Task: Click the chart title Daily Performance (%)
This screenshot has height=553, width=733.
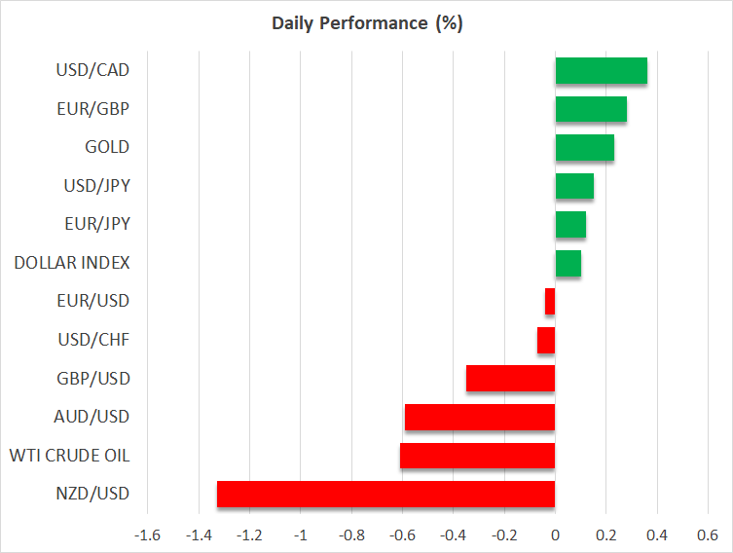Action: (366, 23)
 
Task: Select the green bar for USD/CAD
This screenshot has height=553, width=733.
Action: (601, 70)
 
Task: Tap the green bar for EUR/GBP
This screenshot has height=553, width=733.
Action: (591, 109)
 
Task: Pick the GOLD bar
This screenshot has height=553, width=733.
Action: (584, 147)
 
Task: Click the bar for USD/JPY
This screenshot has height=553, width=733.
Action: (574, 186)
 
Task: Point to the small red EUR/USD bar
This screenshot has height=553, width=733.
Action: (550, 301)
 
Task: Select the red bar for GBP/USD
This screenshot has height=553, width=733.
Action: (510, 379)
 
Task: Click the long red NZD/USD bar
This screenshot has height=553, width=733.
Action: (385, 494)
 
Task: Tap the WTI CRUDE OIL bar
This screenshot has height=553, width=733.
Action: (477, 456)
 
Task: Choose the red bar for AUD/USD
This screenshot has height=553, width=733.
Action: (480, 417)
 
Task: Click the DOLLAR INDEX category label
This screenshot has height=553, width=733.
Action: (72, 263)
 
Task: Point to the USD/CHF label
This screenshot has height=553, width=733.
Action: (94, 340)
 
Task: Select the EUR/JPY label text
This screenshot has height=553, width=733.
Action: (96, 224)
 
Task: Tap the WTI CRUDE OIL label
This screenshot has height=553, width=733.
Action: (69, 456)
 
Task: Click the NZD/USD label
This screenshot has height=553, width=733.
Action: (94, 494)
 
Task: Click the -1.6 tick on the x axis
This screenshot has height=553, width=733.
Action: (148, 535)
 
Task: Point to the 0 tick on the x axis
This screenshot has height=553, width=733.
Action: (555, 535)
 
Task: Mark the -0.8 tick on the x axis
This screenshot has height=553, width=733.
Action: (351, 535)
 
